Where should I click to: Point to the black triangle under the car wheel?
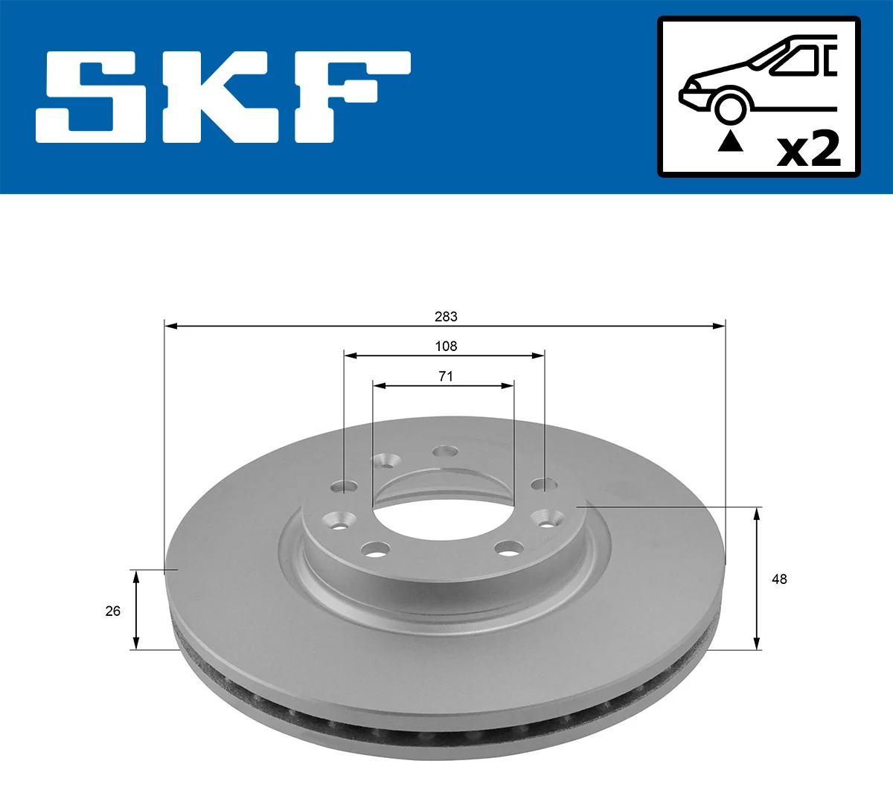click(x=730, y=141)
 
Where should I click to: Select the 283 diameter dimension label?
click(x=446, y=317)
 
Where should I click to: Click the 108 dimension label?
click(x=446, y=347)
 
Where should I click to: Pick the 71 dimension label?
click(x=445, y=376)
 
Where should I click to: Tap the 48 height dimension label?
click(x=779, y=579)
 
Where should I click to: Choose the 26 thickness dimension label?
click(x=112, y=611)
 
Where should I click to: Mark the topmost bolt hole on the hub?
click(x=446, y=451)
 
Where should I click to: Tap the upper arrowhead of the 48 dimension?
click(x=758, y=512)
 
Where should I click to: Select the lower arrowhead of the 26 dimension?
click(x=135, y=643)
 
